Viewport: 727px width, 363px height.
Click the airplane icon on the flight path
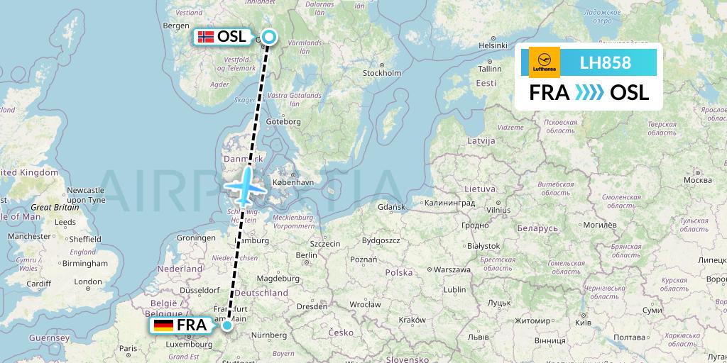click(244, 186)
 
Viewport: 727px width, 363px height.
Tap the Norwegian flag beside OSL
click(206, 37)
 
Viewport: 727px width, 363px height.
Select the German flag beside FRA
click(163, 325)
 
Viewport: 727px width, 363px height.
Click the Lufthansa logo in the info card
click(545, 62)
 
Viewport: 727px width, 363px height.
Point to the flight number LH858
click(605, 62)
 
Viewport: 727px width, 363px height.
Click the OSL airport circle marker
click(269, 37)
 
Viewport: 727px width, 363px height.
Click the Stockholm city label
click(382, 73)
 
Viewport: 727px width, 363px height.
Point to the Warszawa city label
click(452, 270)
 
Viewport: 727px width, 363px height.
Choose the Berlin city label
click(306, 255)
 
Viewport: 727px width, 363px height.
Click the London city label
click(88, 281)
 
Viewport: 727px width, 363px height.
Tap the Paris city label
click(129, 348)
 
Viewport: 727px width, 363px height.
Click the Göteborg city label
click(284, 122)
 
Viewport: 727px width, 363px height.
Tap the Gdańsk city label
click(391, 207)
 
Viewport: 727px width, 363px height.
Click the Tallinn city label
click(489, 69)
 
